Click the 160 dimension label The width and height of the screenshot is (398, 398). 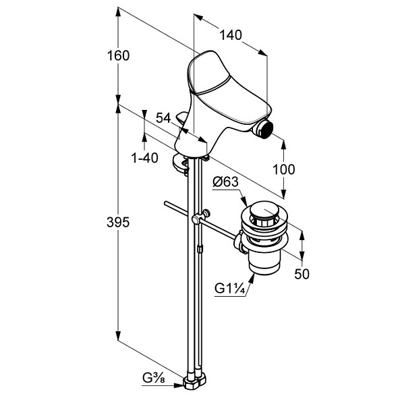tap(118, 55)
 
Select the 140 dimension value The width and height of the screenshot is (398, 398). tap(231, 35)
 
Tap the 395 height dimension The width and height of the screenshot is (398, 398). tap(118, 223)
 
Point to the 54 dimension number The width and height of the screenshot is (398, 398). tap(163, 117)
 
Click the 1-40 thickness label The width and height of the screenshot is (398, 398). tap(144, 158)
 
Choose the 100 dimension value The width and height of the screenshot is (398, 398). tap(283, 169)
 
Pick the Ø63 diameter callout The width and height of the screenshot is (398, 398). tap(226, 182)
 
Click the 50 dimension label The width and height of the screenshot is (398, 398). tap(302, 274)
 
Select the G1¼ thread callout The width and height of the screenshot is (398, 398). tap(230, 289)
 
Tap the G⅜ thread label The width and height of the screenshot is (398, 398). tap(154, 378)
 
